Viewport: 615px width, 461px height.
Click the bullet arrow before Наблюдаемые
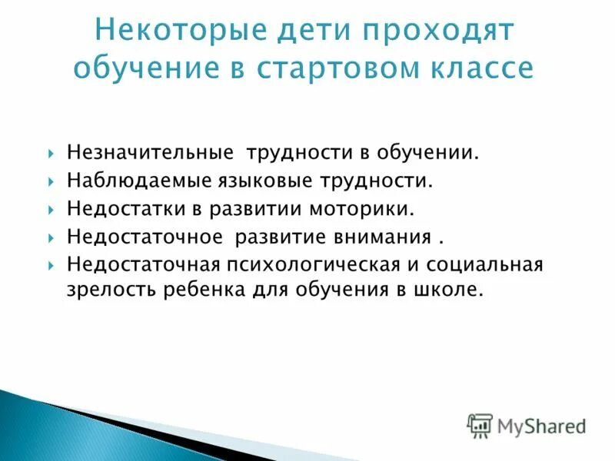(50, 182)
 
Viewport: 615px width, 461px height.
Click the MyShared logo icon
(480, 424)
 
